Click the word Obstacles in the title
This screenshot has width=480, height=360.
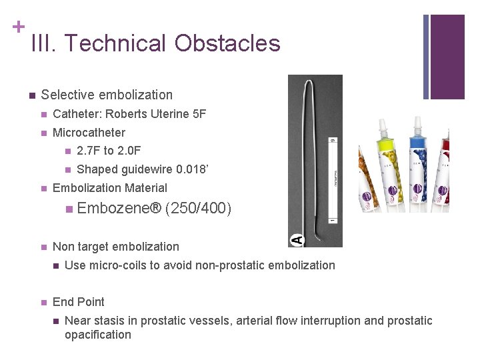coord(227,43)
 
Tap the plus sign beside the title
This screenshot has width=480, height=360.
coord(19,27)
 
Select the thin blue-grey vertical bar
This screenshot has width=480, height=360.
coord(427,57)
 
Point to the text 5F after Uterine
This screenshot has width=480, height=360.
coord(199,114)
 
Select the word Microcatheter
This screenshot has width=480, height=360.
coord(89,133)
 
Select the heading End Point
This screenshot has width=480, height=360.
coord(78,301)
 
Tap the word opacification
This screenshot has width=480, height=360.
coord(98,335)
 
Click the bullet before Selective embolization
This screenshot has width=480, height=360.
coord(31,95)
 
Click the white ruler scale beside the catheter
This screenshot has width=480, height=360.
coord(332,180)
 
